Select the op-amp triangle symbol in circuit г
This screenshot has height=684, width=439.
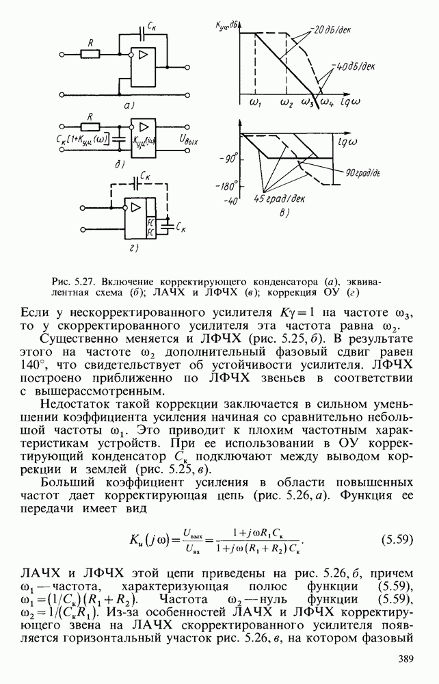[x=133, y=207]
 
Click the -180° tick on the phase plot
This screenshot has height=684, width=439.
[x=226, y=185]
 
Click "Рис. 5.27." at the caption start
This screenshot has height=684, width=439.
[x=73, y=281]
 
